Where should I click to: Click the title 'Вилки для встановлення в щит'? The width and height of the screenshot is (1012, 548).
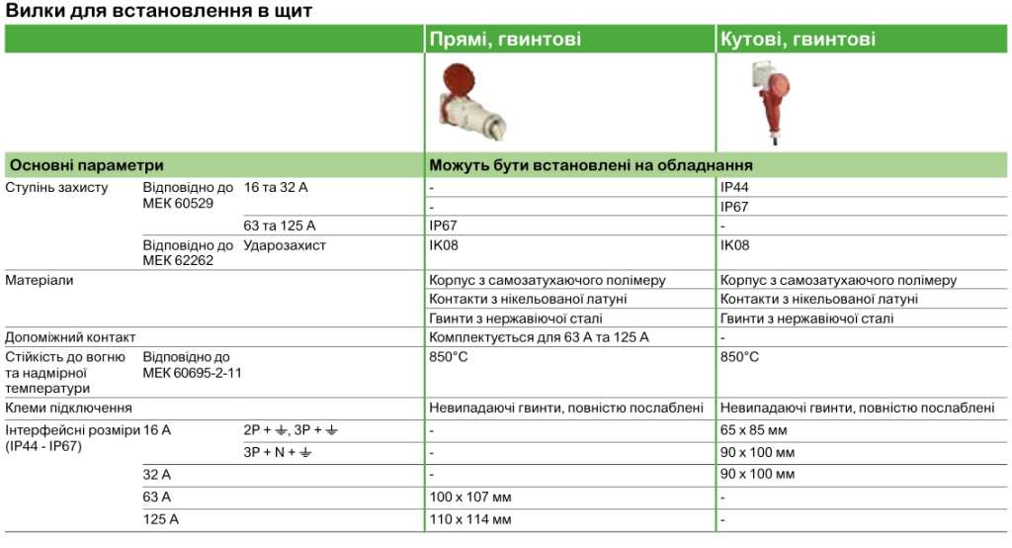click(x=159, y=12)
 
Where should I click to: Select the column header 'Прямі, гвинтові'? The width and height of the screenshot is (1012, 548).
click(x=504, y=40)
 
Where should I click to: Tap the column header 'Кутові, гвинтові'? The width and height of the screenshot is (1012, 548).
click(x=798, y=40)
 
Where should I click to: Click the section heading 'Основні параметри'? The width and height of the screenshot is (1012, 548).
click(x=85, y=165)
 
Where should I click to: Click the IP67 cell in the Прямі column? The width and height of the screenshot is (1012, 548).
click(x=444, y=226)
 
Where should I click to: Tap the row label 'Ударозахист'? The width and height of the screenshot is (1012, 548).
click(x=285, y=244)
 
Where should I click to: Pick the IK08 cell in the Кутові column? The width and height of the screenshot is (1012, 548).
click(x=735, y=244)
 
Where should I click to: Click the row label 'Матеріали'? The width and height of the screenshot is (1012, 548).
click(x=40, y=280)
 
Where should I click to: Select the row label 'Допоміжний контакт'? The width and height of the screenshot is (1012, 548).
click(x=70, y=337)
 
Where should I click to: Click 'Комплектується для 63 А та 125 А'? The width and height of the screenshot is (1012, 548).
click(x=539, y=337)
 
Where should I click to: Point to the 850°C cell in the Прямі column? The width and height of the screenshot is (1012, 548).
click(x=449, y=356)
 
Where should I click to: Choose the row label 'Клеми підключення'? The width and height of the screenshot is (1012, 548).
click(x=68, y=408)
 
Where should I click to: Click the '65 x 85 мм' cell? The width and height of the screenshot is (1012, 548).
click(x=753, y=430)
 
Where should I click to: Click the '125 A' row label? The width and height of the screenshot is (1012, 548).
click(x=160, y=519)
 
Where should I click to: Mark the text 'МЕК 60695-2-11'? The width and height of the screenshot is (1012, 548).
click(x=192, y=372)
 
